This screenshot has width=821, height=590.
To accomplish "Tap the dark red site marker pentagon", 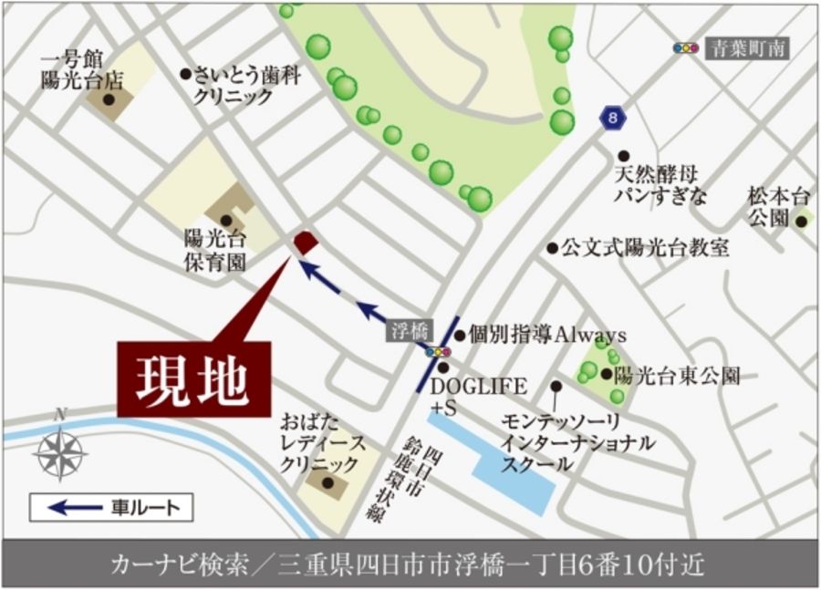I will [305, 243].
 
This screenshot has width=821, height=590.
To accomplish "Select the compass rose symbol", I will [60, 453].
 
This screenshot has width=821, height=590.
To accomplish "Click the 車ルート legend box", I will [111, 507].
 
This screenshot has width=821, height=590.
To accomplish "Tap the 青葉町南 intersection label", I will [747, 48].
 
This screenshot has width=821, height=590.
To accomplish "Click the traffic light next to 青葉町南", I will [685, 48].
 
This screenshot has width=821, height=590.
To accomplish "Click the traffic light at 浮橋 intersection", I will [439, 351].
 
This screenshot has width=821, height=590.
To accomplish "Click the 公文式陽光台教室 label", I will [645, 247].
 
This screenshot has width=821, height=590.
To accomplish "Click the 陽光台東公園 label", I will [676, 374].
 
